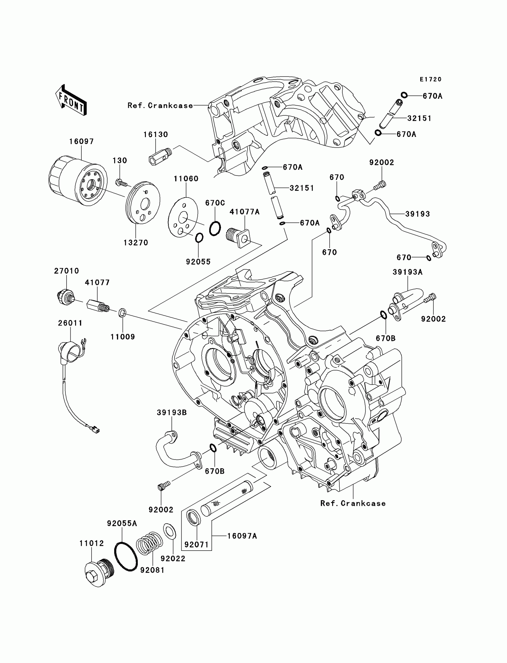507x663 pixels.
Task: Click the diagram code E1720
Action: pos(431,79)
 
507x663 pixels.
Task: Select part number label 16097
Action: pos(81,142)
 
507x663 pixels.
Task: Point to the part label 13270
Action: pos(136,243)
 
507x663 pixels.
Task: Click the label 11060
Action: pos(186,179)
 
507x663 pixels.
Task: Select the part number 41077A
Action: pos(245,212)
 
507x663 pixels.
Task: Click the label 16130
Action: pos(155,135)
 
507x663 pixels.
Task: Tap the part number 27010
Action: pos(67,271)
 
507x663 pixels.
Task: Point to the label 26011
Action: pos(70,323)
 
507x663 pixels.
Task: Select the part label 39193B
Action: pos(172,412)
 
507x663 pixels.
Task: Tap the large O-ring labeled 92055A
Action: pos(126,557)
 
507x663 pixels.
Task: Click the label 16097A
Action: pos(242,536)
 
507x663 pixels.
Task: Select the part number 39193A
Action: pos(407,272)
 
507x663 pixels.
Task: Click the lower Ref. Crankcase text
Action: pos(353,503)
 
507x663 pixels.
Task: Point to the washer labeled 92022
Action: pos(170,531)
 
